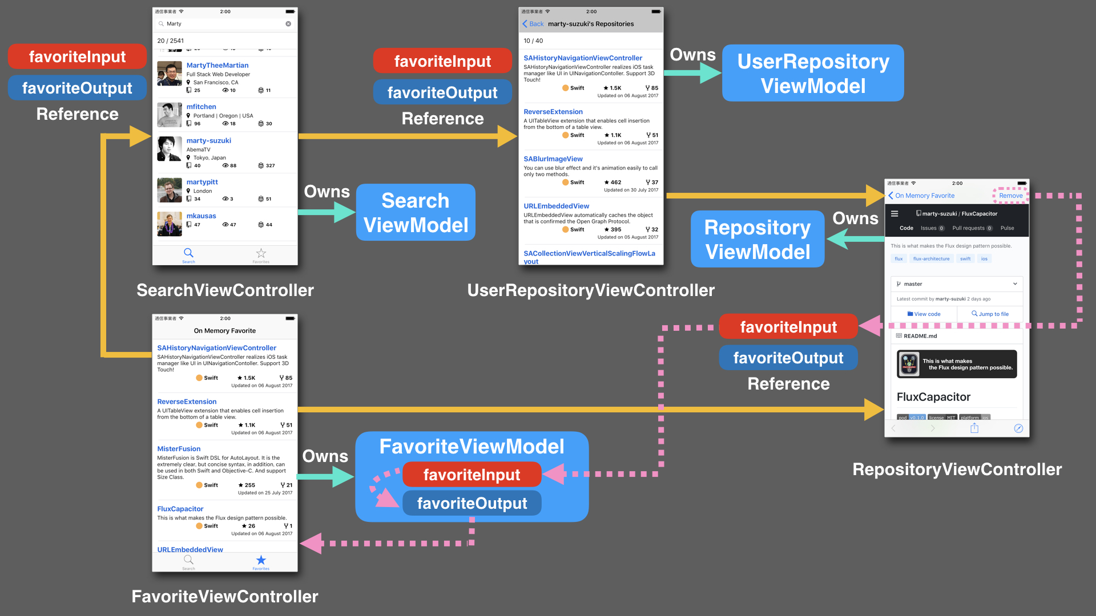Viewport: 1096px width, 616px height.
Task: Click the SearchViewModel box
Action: click(x=416, y=213)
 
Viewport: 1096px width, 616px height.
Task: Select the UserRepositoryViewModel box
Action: click(x=813, y=74)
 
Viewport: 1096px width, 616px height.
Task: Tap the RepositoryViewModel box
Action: click(x=757, y=240)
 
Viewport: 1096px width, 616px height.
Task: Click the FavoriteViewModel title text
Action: click(x=472, y=447)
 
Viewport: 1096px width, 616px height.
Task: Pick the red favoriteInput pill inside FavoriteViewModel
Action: click(x=472, y=475)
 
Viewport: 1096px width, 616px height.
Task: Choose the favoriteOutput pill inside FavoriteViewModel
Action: click(x=472, y=503)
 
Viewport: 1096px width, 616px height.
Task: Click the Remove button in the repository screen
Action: click(x=1010, y=196)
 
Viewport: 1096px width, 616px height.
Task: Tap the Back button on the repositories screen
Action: click(x=533, y=24)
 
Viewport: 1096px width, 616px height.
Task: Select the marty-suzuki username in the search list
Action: click(x=208, y=141)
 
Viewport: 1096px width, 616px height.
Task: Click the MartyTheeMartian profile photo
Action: click(x=170, y=74)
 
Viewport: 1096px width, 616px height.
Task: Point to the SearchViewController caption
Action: click(x=225, y=290)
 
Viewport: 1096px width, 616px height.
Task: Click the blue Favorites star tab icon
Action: click(x=261, y=560)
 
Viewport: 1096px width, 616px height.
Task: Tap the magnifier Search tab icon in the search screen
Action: click(x=188, y=253)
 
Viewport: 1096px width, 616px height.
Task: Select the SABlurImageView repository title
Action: click(x=553, y=159)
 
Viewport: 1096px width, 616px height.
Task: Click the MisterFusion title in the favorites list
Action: click(x=179, y=449)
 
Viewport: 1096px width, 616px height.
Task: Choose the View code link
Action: click(x=924, y=314)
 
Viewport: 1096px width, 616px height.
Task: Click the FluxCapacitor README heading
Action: click(x=933, y=397)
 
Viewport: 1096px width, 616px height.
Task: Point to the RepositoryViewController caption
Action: click(x=957, y=469)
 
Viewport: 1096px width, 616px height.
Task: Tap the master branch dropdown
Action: click(x=956, y=284)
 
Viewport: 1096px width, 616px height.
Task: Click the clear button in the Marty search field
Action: click(x=288, y=24)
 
